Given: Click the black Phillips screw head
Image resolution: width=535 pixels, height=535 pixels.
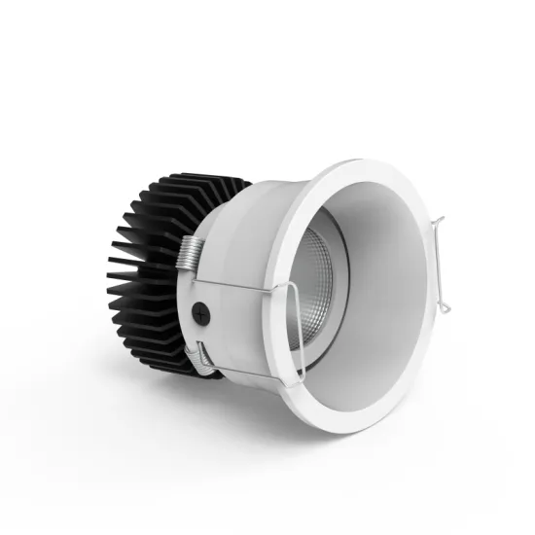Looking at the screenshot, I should coord(201,314).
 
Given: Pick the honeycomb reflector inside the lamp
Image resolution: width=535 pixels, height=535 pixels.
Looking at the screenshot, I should coord(313,286).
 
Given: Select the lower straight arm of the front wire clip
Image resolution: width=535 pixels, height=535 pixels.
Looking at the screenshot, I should coord(253,374).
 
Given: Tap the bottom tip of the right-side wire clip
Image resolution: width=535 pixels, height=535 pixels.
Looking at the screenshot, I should coord(445,309).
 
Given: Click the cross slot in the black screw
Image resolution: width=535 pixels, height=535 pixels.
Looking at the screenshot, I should coord(201,314).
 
